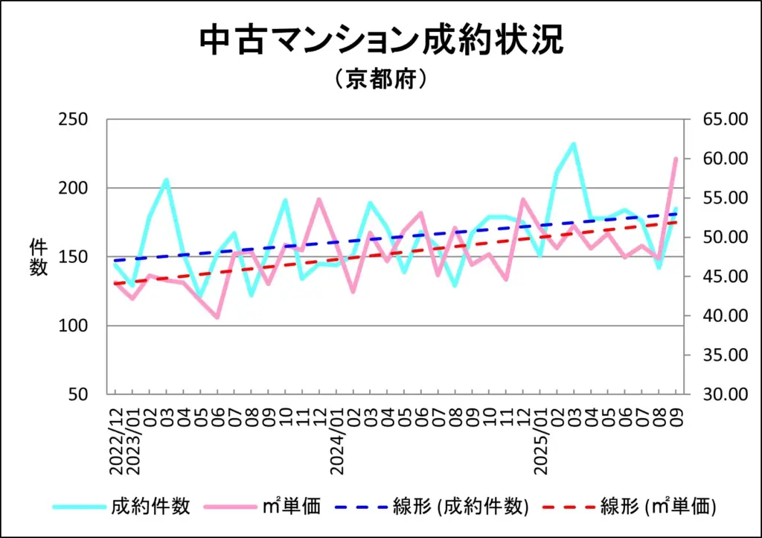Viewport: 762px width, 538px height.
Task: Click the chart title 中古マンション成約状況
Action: click(x=381, y=41)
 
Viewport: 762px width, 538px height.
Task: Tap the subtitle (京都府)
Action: click(x=380, y=79)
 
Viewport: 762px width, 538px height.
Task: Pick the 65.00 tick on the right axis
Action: click(x=717, y=119)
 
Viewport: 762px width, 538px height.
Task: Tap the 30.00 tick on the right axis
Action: click(x=717, y=394)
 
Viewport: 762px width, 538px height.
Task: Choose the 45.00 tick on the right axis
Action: click(x=717, y=276)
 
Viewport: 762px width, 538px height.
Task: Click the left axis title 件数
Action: click(x=39, y=257)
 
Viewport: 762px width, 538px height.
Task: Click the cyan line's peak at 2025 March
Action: click(x=574, y=144)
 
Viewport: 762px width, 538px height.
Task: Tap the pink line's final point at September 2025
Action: click(x=676, y=159)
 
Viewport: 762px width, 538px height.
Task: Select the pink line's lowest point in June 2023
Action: click(x=217, y=317)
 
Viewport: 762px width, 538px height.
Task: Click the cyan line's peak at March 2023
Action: click(x=166, y=180)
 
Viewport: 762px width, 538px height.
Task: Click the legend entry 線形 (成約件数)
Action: click(x=461, y=507)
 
